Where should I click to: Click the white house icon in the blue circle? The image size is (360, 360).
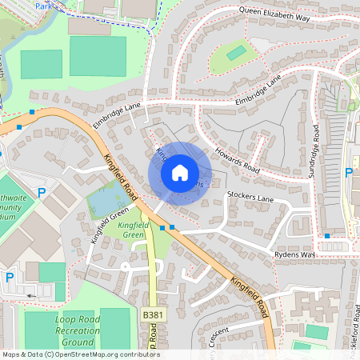180,172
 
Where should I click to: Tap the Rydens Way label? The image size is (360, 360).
294,255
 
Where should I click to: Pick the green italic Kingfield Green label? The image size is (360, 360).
134,230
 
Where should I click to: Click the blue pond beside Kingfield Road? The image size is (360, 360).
105,200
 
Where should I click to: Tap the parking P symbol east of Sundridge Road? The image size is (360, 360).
348,172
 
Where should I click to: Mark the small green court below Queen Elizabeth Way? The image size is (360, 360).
236,54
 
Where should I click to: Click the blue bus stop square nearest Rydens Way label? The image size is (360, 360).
327,236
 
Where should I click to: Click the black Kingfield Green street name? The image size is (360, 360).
108,225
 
